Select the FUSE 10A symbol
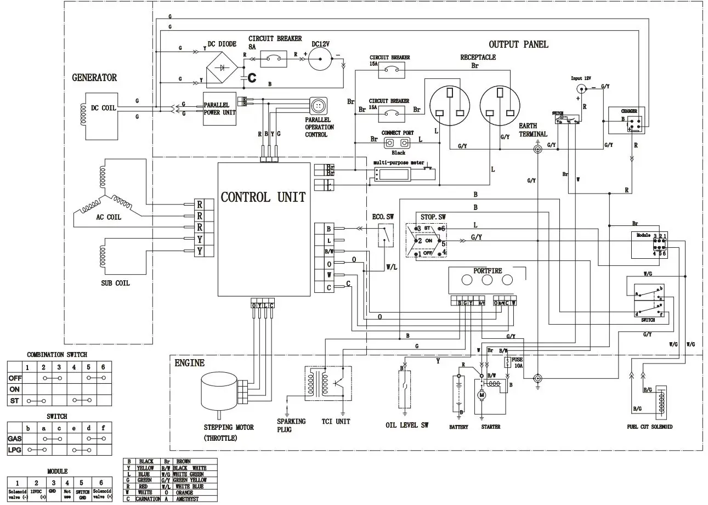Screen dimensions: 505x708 507,362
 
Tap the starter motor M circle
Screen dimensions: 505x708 483,394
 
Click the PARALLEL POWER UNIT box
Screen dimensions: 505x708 219,108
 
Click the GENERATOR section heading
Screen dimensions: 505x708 94,78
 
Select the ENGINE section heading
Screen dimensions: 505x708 189,363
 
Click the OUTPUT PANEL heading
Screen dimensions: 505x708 518,44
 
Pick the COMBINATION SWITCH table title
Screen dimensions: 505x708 57,355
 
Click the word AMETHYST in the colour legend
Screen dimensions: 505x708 188,499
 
